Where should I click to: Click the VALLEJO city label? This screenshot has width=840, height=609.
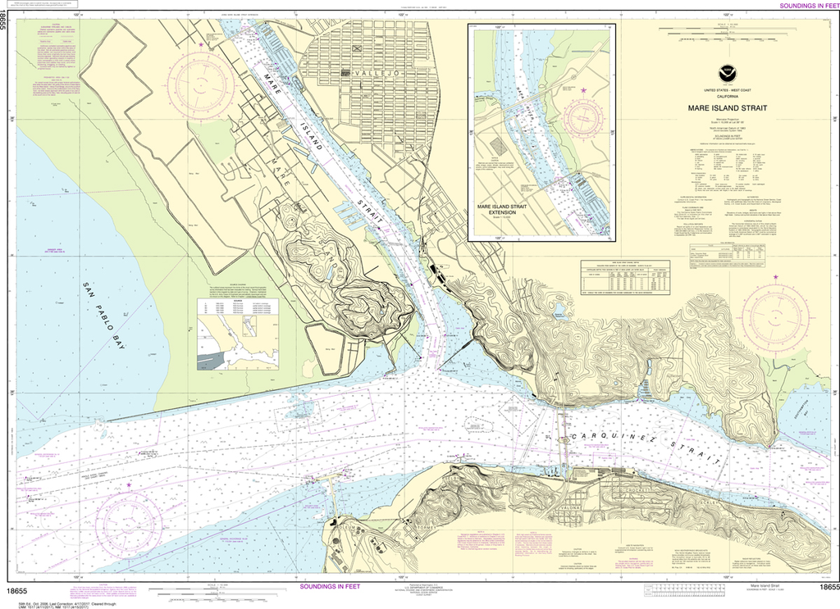pos(372,73)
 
